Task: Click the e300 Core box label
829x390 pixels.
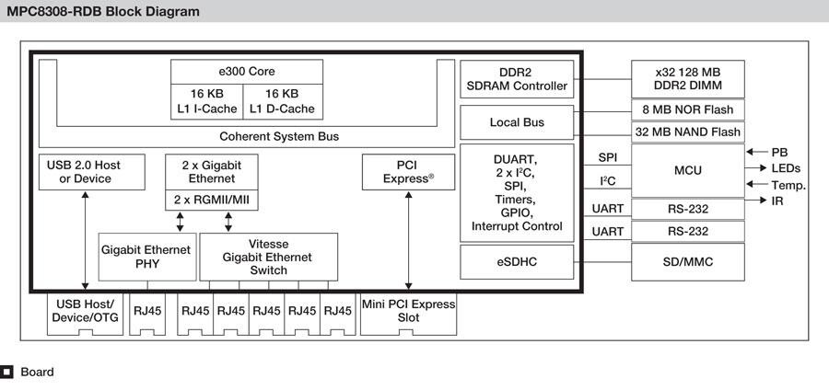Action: pyautogui.click(x=246, y=71)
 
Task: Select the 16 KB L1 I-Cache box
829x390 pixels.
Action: pyautogui.click(x=207, y=101)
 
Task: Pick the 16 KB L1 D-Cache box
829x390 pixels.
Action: pyautogui.click(x=282, y=101)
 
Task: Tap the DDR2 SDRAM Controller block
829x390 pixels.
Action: pyautogui.click(x=516, y=79)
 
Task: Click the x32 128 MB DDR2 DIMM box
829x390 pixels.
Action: pyautogui.click(x=689, y=79)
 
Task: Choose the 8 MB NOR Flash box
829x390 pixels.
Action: pyautogui.click(x=689, y=109)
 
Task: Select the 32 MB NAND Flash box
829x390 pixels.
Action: pyautogui.click(x=689, y=132)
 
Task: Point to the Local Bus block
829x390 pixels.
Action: pyautogui.click(x=516, y=122)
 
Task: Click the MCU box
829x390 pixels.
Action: pyautogui.click(x=689, y=169)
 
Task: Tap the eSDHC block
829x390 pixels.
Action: pyautogui.click(x=516, y=262)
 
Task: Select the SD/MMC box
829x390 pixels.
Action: pyautogui.click(x=689, y=262)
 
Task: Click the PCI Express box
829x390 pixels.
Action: pyautogui.click(x=408, y=171)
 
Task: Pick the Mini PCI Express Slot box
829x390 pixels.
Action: pyautogui.click(x=408, y=311)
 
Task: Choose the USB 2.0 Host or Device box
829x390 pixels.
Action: pyautogui.click(x=85, y=171)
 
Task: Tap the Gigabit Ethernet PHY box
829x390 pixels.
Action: pyautogui.click(x=146, y=257)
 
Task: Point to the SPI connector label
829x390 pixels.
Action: pyautogui.click(x=608, y=158)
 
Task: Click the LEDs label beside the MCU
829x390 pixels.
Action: pyautogui.click(x=786, y=168)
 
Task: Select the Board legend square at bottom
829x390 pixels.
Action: pyautogui.click(x=7, y=373)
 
